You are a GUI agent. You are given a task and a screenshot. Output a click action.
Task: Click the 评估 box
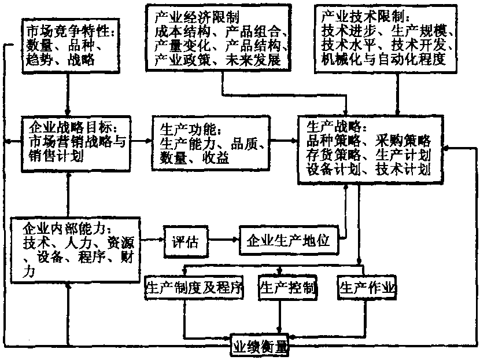point(185,241)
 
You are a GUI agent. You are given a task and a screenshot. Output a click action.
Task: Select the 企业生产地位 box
point(288,240)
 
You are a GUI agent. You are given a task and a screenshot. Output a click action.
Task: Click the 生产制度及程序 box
point(193,288)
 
